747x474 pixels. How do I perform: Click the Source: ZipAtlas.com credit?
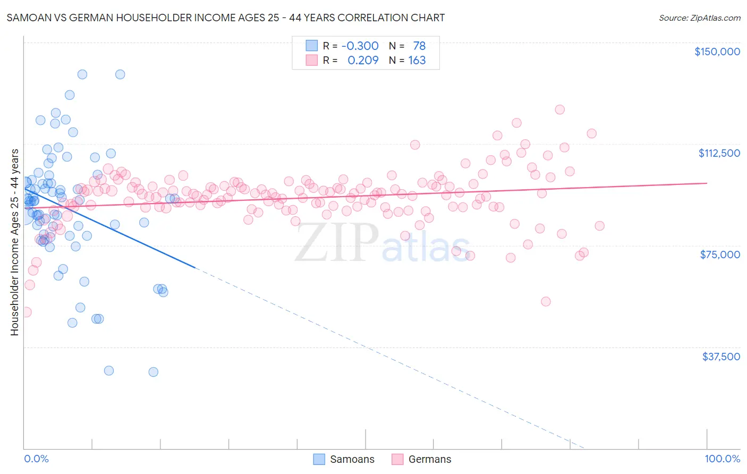(x=699, y=18)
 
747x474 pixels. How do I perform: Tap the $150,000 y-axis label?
(x=717, y=52)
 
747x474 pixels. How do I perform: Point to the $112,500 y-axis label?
(x=718, y=153)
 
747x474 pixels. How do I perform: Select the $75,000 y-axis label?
(x=719, y=255)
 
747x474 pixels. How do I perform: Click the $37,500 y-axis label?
(x=720, y=357)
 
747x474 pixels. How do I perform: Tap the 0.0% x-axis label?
(x=36, y=459)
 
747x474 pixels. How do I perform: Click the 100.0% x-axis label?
(x=722, y=459)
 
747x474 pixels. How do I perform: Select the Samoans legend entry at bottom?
(x=343, y=459)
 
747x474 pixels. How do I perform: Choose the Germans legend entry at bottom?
(x=421, y=459)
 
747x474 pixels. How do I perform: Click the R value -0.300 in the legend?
(x=360, y=46)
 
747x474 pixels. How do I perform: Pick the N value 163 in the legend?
(x=417, y=60)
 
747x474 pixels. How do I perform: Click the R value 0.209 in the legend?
(x=363, y=60)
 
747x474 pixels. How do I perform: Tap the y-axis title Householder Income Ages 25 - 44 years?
(x=14, y=242)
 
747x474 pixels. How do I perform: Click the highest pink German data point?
(x=559, y=109)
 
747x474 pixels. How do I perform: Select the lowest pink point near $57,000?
(x=546, y=301)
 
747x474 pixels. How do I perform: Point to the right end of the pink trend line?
(x=707, y=183)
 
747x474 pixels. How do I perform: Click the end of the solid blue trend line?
(x=195, y=267)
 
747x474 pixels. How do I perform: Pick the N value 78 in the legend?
(x=419, y=46)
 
